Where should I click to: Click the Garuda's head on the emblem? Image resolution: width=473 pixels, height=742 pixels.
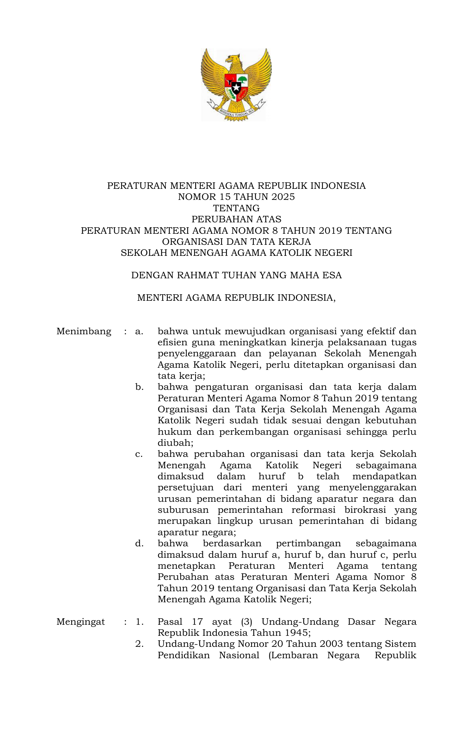pos(234,59)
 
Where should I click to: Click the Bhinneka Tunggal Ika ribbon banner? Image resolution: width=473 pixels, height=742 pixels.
pos(236,111)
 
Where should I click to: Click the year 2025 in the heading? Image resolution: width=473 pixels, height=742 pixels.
pos(283,197)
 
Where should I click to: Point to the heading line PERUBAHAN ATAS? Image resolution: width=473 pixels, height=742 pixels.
pos(236,219)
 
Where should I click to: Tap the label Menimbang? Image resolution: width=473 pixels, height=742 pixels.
pos(84,331)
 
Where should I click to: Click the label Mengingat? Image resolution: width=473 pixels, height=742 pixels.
pos(80,622)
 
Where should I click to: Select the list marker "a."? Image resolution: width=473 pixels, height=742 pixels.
pos(139,331)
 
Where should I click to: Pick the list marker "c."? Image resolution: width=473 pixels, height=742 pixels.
pos(139,454)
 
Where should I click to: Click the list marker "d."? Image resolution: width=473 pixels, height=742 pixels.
pos(139,544)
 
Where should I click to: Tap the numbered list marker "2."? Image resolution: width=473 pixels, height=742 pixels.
pos(139,644)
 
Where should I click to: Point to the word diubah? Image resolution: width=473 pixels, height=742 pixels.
pos(175,443)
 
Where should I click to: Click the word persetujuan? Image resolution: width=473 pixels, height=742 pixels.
pos(186,488)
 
